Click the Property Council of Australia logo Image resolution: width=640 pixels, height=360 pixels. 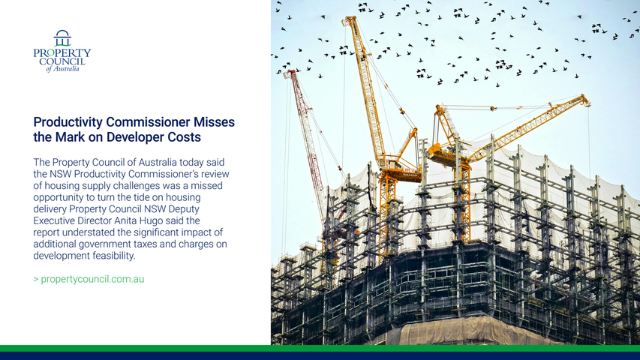(62, 51)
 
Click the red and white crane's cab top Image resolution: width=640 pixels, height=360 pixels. (290, 73)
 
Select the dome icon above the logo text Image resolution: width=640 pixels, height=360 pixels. (62, 38)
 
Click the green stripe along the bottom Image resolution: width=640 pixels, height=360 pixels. (320, 349)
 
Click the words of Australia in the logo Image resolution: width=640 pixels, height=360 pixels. (62, 69)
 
